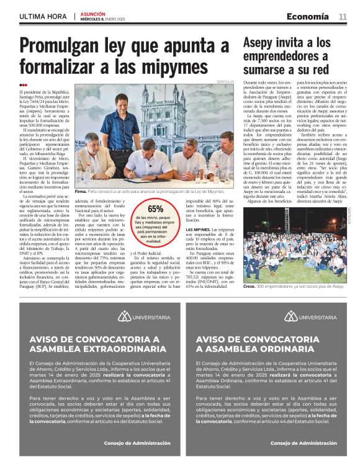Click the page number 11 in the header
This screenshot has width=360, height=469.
[343, 16]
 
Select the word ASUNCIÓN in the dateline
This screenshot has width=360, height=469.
[94, 14]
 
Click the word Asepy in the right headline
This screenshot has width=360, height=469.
[262, 43]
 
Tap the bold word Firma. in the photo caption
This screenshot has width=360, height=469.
[81, 193]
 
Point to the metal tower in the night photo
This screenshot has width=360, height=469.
[287, 220]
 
